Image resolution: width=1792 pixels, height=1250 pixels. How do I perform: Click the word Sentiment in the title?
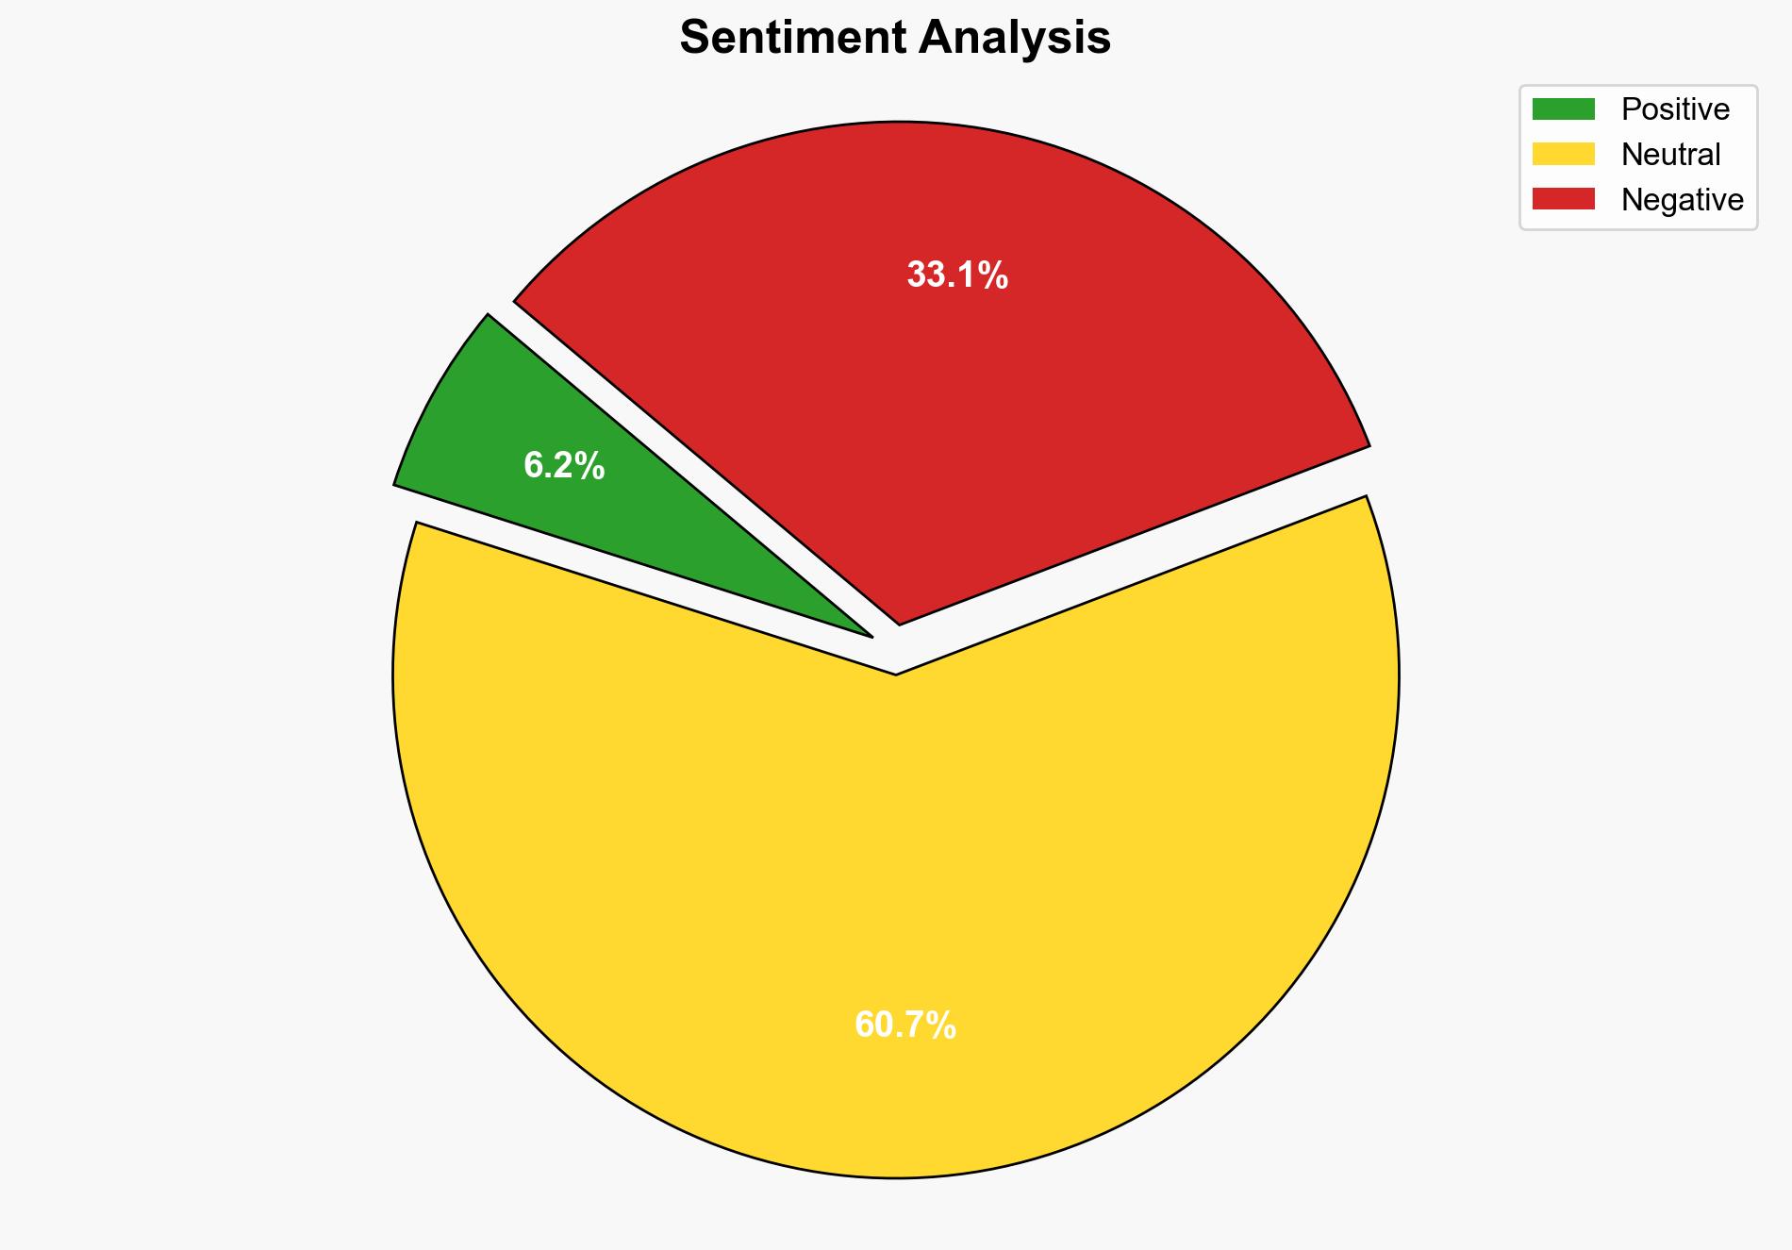(793, 39)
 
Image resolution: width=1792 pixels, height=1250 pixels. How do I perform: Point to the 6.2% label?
(564, 466)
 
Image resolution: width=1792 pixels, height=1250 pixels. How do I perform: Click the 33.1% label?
(957, 275)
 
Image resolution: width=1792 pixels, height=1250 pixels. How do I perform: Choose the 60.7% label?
(905, 1025)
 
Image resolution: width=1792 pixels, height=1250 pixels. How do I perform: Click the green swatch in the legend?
(1563, 109)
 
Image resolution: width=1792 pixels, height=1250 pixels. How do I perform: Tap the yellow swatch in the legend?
(1563, 154)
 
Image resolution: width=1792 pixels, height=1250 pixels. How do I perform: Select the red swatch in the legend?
(1563, 199)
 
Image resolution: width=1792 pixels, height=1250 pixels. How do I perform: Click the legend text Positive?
(1675, 109)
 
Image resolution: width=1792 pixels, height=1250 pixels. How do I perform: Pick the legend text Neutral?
(1670, 154)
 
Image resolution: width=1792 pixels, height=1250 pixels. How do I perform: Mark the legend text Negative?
(1682, 199)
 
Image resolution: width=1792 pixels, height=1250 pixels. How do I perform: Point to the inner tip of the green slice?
(871, 636)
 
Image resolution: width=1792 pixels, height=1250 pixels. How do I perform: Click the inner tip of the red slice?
(900, 623)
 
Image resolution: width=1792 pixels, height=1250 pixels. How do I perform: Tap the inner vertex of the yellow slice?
(895, 674)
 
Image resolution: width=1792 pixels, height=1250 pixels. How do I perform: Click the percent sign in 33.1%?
(993, 275)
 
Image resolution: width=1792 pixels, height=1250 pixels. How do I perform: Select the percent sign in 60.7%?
(941, 1025)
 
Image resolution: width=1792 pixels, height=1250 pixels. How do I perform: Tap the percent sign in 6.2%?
(589, 466)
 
